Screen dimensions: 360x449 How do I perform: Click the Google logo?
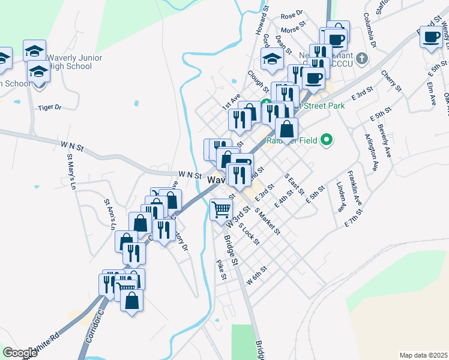(x=20, y=353)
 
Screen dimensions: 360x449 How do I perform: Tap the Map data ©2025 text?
(x=423, y=355)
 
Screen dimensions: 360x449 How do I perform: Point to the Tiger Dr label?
(x=50, y=107)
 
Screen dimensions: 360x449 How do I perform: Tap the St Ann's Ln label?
(x=109, y=214)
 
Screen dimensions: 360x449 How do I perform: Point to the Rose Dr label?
(x=292, y=14)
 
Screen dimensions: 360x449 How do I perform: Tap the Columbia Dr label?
(x=369, y=35)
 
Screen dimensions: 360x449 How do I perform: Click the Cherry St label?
(x=390, y=80)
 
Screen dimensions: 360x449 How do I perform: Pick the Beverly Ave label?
(x=384, y=140)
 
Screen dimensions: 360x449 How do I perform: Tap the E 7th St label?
(x=355, y=218)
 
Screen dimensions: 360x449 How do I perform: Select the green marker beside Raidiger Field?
(x=327, y=140)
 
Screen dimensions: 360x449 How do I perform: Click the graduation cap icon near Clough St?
(x=272, y=59)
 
